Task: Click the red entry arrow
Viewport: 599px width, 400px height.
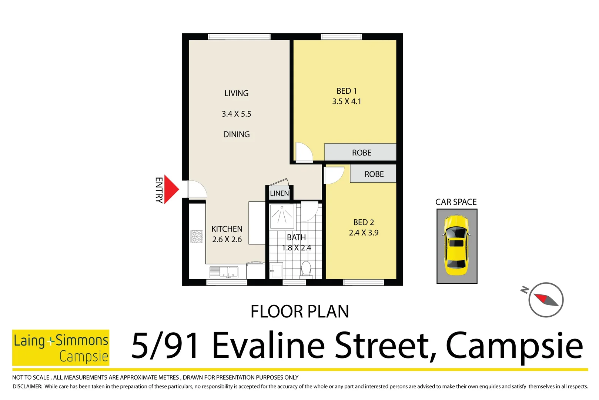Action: click(x=170, y=189)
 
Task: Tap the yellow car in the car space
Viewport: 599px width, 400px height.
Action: click(x=456, y=245)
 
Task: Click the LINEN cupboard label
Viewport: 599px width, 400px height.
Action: click(x=279, y=193)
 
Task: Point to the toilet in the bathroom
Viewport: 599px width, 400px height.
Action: click(x=306, y=268)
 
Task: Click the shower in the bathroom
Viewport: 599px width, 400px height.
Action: click(x=282, y=216)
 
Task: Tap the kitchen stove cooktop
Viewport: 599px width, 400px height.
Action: click(x=197, y=236)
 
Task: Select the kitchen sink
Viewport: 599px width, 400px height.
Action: click(x=224, y=272)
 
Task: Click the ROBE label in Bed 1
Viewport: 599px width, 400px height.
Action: click(x=361, y=153)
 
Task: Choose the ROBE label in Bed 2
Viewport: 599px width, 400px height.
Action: click(x=374, y=174)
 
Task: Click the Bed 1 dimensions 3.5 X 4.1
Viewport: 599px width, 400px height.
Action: click(x=347, y=101)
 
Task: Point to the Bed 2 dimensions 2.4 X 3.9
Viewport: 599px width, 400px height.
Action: click(x=364, y=233)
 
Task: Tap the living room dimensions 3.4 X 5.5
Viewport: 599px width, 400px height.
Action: click(x=236, y=114)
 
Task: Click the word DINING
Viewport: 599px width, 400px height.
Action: click(x=236, y=134)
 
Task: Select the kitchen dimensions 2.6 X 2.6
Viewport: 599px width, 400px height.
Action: click(x=227, y=239)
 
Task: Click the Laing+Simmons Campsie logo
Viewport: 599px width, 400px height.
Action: click(x=61, y=347)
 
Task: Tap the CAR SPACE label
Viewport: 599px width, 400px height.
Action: click(x=456, y=202)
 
